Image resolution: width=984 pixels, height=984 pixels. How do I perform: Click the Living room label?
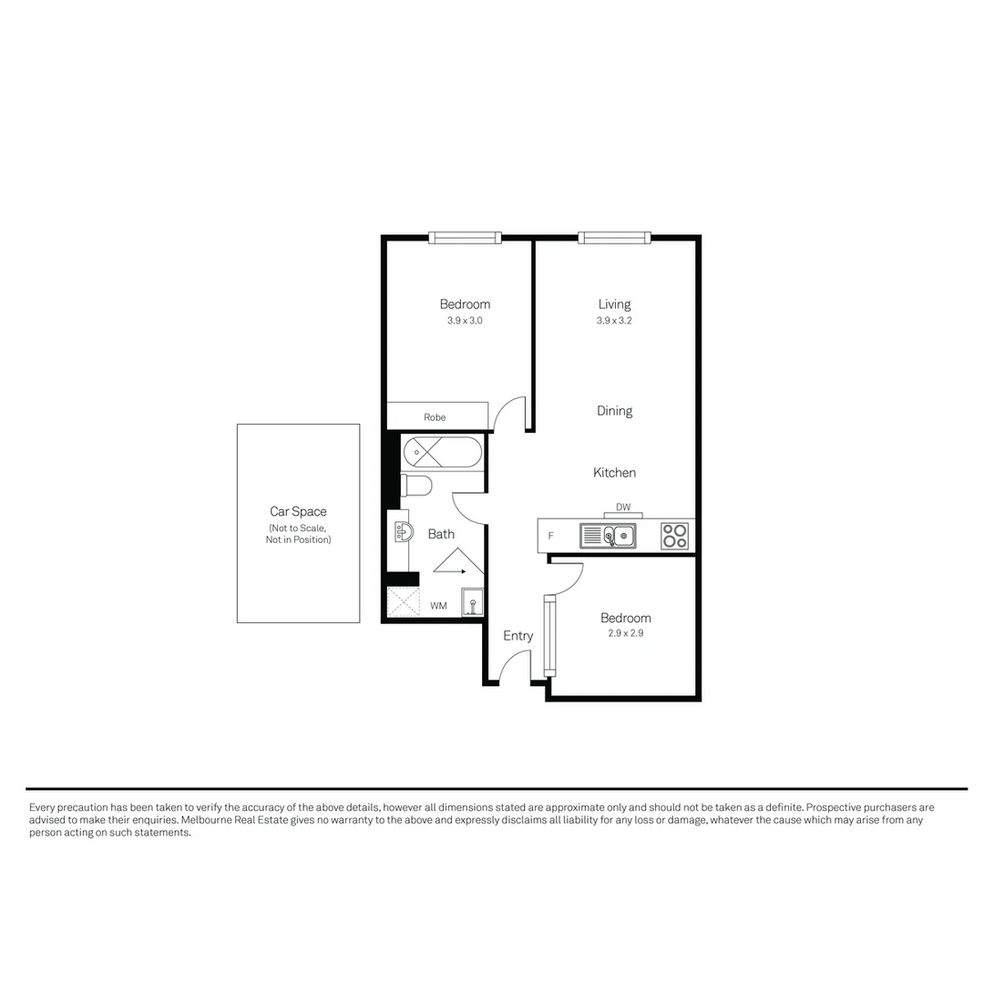(614, 304)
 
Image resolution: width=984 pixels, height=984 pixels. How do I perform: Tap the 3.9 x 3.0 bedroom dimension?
(465, 322)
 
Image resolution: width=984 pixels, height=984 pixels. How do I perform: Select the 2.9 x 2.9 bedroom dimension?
(626, 633)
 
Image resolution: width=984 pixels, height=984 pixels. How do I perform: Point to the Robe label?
(435, 417)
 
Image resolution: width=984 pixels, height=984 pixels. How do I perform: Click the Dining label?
(614, 411)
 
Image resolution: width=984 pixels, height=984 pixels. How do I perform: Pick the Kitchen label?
(614, 473)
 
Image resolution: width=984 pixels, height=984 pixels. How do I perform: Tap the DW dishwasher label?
(623, 507)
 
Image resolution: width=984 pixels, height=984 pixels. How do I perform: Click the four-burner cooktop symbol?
(674, 536)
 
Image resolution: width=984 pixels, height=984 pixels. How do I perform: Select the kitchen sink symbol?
(608, 536)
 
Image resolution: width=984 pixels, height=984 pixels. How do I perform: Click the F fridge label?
(550, 537)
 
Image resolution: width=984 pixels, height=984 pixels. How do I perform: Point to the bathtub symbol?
(442, 452)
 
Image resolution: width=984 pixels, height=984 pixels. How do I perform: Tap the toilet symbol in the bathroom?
(416, 485)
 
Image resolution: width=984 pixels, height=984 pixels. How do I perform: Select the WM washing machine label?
(438, 605)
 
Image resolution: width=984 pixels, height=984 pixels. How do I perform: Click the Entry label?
(518, 636)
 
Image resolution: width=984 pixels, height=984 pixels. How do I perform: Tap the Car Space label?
(298, 512)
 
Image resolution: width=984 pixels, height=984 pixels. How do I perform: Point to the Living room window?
(615, 238)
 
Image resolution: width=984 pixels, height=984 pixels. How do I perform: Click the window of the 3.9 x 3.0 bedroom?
(465, 238)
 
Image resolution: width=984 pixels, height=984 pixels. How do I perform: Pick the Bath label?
(441, 534)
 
